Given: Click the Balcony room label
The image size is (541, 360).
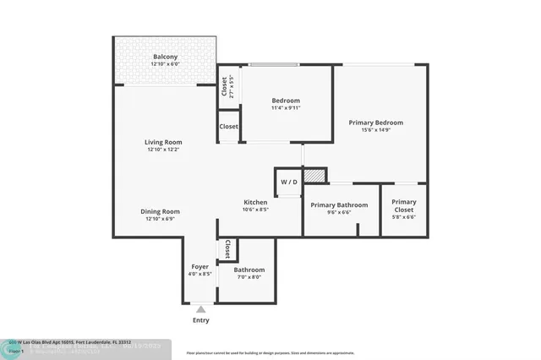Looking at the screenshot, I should point(165,57).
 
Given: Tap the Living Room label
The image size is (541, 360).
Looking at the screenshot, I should point(163,142).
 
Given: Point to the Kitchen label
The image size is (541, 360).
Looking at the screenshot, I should point(256,203).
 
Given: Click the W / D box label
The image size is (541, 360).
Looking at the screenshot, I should point(288,182).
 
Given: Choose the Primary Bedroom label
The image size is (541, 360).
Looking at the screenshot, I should point(381,122).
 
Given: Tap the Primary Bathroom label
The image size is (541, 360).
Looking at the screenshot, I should point(339,205).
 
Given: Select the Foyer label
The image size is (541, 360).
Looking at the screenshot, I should point(199,266).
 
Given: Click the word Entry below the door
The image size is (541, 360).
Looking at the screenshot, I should point(200,320).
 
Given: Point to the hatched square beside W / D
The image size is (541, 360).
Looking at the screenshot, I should point(314,175).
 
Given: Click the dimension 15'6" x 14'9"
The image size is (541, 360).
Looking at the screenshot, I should point(381,130).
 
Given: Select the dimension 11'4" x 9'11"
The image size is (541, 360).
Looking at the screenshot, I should point(286,108).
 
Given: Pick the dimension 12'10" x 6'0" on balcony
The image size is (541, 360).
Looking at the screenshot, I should point(165,65).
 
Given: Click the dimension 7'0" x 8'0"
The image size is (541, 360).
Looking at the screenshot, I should point(249,277).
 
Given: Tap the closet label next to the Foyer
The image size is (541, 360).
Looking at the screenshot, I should point(227,249).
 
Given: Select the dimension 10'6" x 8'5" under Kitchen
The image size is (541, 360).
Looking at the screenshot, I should point(256,210).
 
